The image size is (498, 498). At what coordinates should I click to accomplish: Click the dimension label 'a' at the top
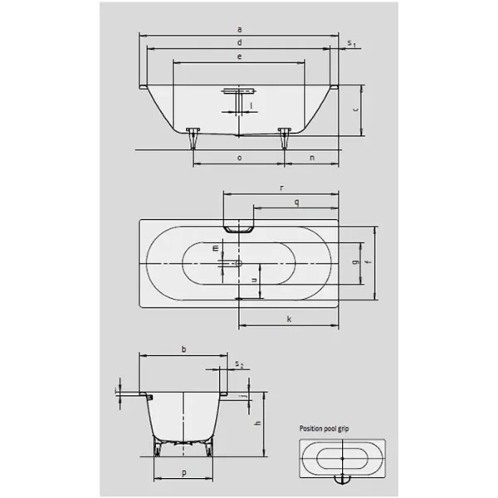click(238, 29)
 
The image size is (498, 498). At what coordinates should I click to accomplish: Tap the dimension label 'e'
click(238, 56)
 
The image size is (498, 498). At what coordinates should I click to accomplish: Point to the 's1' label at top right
click(352, 42)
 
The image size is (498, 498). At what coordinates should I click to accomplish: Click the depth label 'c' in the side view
click(354, 109)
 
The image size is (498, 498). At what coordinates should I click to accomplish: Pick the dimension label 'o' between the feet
click(239, 157)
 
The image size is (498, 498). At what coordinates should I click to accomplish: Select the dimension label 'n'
click(312, 157)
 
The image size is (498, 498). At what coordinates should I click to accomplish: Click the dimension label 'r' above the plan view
click(281, 188)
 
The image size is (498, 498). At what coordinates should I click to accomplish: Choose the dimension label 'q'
click(296, 203)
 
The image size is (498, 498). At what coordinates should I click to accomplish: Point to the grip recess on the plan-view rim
click(239, 227)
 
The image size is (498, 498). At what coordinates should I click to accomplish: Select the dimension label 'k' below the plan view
click(288, 318)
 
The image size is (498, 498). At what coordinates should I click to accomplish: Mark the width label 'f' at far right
click(368, 264)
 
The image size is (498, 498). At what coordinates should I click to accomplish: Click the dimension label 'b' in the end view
click(183, 349)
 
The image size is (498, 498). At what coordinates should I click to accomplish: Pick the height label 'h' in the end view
click(257, 424)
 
